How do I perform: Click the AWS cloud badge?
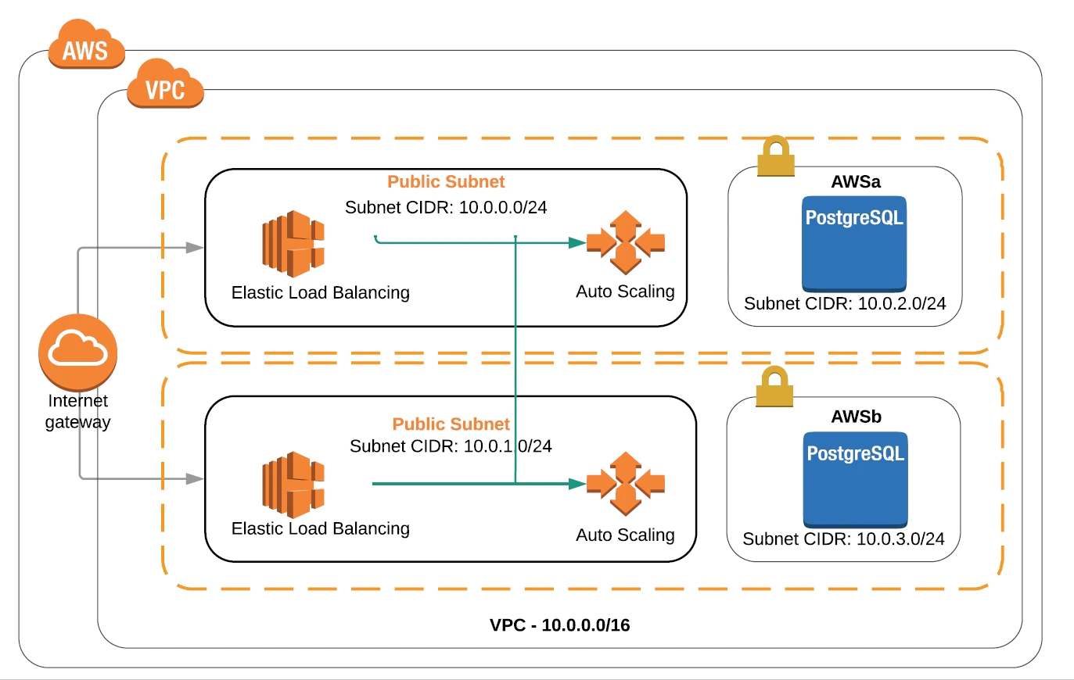tap(86, 47)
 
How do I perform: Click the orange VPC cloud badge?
tap(165, 86)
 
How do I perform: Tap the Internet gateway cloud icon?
tap(78, 352)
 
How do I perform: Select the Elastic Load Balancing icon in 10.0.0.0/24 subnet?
tap(293, 244)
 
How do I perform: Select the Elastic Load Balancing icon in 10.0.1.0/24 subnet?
tap(293, 485)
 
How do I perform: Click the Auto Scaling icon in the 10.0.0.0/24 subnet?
tap(626, 242)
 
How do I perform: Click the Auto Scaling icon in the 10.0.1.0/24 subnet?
tap(626, 484)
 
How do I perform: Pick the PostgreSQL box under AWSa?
tap(854, 244)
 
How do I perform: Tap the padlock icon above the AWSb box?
tap(774, 387)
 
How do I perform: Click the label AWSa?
tap(856, 182)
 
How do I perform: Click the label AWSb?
tap(856, 417)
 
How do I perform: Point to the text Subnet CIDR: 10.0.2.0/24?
tap(845, 303)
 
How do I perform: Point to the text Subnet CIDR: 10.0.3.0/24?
tap(843, 539)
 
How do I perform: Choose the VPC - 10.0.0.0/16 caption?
tap(560, 625)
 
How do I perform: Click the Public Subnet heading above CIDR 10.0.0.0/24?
tap(446, 182)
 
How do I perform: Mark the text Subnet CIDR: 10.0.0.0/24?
tap(446, 208)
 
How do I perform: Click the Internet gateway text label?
tap(77, 412)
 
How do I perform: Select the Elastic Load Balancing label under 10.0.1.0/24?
tap(321, 528)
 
